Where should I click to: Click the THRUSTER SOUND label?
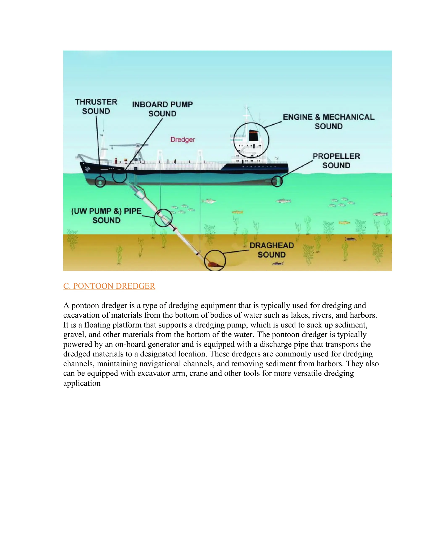tap(96, 106)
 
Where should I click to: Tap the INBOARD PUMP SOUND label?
tap(162, 109)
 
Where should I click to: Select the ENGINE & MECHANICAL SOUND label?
tap(329, 121)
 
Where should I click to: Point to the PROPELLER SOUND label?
tap(336, 161)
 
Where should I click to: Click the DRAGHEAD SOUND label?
tap(271, 250)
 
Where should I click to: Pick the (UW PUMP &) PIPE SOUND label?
tap(106, 216)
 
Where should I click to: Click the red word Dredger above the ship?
tap(183, 140)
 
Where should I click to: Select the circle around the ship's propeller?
tap(277, 181)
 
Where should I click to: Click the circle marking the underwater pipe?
tap(163, 218)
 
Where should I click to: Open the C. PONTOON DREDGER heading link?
tap(109, 286)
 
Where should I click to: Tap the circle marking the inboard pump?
tap(119, 176)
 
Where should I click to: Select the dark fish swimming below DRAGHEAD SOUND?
tap(278, 264)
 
